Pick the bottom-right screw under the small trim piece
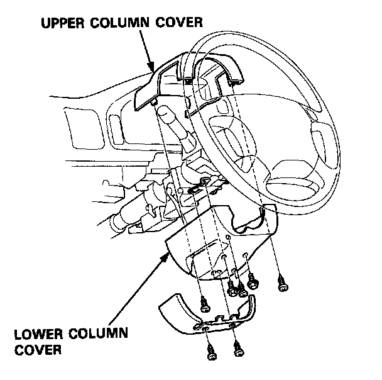click(x=237, y=350)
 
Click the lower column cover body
click(x=207, y=245)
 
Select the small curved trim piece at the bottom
click(x=207, y=315)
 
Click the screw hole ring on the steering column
click(x=205, y=182)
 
